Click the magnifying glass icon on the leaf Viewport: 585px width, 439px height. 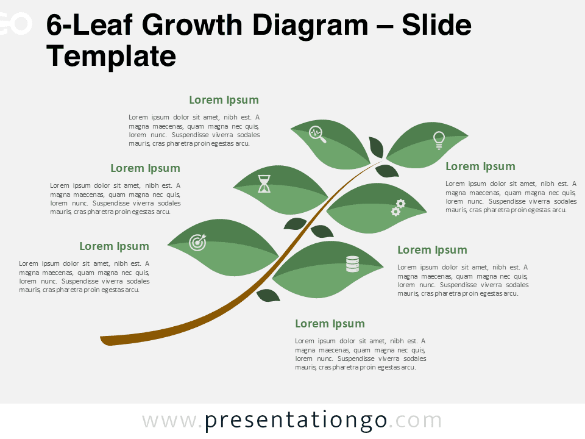(317, 134)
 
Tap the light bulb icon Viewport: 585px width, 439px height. (438, 140)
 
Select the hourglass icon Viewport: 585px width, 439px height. (264, 183)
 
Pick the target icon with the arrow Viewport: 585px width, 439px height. (198, 242)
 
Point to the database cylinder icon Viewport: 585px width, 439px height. (352, 263)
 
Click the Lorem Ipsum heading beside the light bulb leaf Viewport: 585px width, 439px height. (480, 166)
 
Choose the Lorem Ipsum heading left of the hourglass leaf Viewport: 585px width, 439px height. (145, 168)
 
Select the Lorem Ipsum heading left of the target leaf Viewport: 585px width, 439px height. (114, 246)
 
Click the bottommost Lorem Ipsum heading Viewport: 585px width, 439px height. (330, 324)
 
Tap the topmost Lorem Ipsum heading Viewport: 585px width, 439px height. (224, 100)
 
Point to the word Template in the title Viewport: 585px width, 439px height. (111, 56)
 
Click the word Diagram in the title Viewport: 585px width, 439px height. (313, 26)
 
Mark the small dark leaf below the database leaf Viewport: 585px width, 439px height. (268, 296)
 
